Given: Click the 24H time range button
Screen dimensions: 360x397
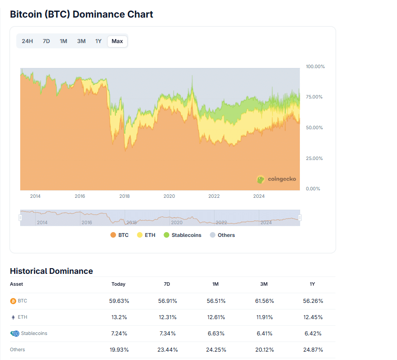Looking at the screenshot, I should pyautogui.click(x=27, y=41).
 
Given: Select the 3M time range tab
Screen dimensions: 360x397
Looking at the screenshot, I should pyautogui.click(x=81, y=41).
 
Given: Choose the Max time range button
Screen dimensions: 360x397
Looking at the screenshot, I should pyautogui.click(x=117, y=41).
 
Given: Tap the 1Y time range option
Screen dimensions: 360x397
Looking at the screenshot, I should pyautogui.click(x=98, y=41).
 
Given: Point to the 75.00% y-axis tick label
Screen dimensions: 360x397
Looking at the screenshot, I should pyautogui.click(x=315, y=97).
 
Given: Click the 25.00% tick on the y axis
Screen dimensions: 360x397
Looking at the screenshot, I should pyautogui.click(x=315, y=158).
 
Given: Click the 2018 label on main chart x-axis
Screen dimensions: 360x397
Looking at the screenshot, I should pyautogui.click(x=124, y=196).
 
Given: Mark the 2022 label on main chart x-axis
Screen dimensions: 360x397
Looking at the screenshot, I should pyautogui.click(x=214, y=196).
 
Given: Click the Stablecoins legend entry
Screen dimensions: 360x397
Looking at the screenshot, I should pyautogui.click(x=182, y=235).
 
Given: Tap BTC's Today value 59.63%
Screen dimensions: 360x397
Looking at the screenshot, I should pyautogui.click(x=119, y=301).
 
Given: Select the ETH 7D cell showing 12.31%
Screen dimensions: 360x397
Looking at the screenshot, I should pyautogui.click(x=167, y=317).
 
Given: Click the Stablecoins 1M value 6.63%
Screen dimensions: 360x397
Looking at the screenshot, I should pyautogui.click(x=215, y=334).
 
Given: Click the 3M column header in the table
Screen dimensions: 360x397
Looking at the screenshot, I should pyautogui.click(x=264, y=284).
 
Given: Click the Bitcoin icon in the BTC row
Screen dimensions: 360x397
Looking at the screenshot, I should pyautogui.click(x=13, y=301).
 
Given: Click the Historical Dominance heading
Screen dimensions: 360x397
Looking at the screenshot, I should pyautogui.click(x=51, y=271).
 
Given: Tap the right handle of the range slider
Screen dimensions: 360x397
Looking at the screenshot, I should pyautogui.click(x=300, y=218).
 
